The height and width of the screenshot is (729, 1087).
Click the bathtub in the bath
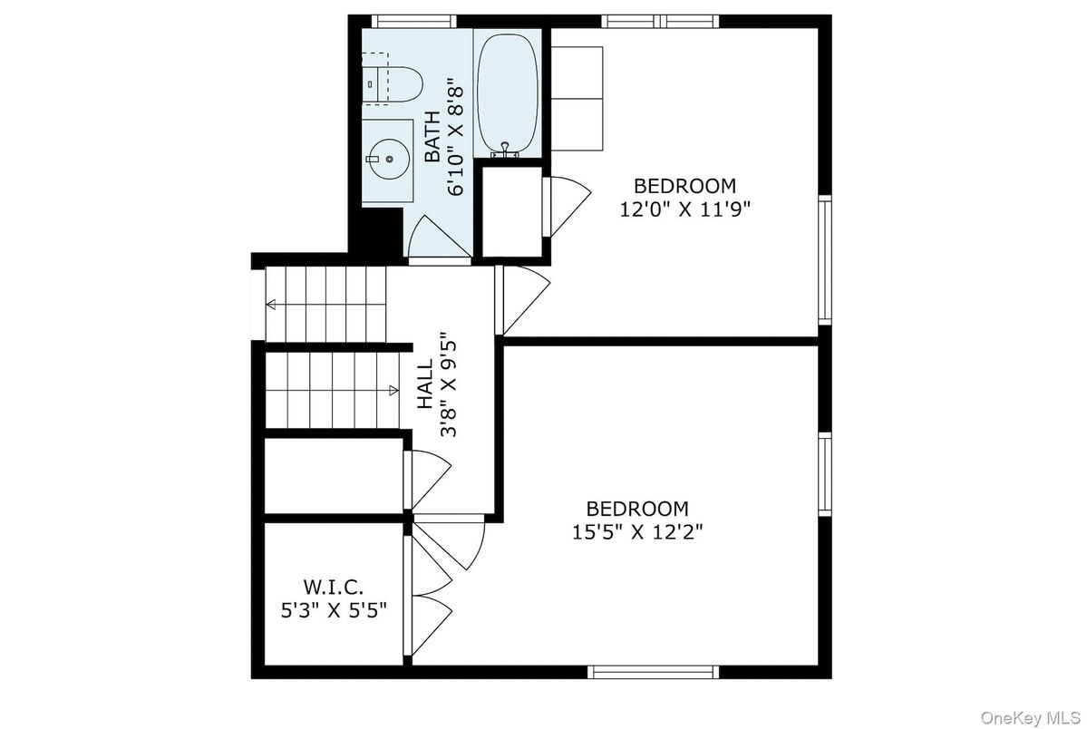point(508,92)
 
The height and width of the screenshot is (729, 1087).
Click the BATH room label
point(432,136)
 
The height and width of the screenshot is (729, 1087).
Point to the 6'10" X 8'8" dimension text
point(457,136)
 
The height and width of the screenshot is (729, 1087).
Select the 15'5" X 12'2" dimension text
point(637,531)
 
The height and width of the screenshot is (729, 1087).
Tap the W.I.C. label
point(334,587)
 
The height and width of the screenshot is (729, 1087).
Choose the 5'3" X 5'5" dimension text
point(334,609)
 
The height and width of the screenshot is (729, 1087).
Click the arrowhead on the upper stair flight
point(271,304)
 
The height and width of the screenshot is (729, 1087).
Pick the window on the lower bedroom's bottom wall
point(654,672)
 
